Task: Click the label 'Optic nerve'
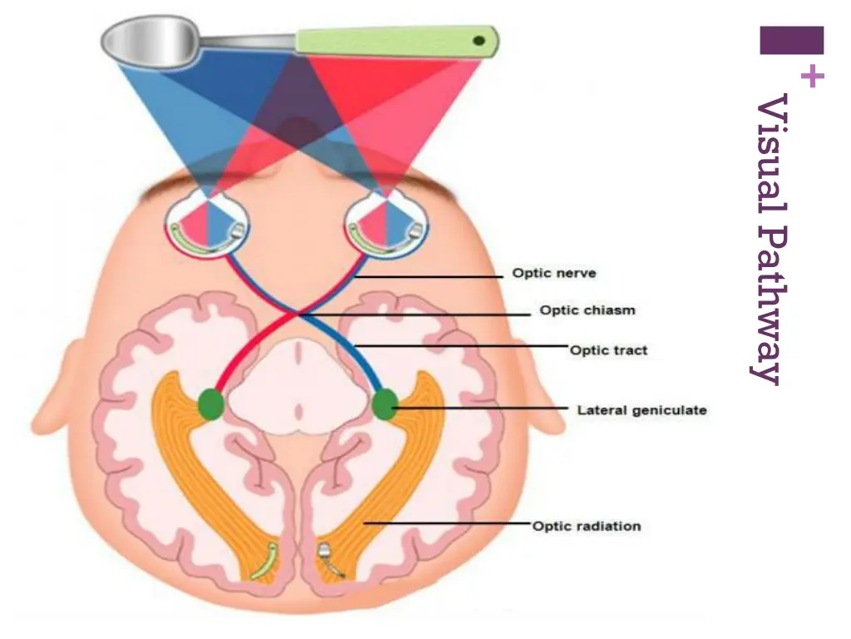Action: [553, 273]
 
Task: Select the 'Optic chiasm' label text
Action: [587, 310]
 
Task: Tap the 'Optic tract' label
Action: [608, 350]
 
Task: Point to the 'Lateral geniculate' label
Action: [642, 410]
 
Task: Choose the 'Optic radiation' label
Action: [586, 526]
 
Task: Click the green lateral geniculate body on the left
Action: [211, 404]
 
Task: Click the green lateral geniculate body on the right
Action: [384, 404]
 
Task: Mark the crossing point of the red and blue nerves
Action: [298, 315]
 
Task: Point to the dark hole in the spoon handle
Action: [479, 39]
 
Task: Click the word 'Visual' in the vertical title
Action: [771, 141]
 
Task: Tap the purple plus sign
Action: [813, 77]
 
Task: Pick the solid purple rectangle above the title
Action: [791, 40]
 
